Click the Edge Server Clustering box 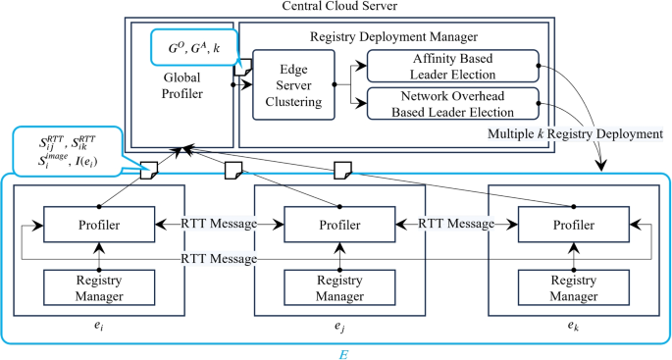tap(291, 84)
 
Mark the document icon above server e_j tap(233, 171)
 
